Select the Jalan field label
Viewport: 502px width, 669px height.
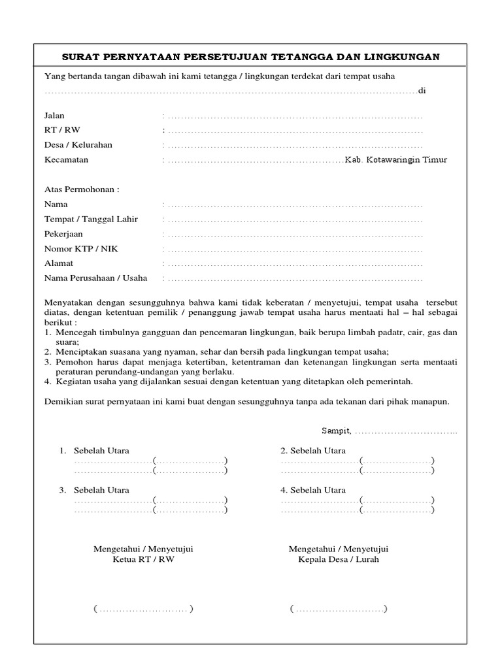pos(54,116)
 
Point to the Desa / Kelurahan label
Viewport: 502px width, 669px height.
pos(78,144)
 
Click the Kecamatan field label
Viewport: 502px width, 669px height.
pos(66,159)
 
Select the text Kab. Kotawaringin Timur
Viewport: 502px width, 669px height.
pos(396,159)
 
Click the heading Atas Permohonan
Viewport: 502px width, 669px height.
pos(82,189)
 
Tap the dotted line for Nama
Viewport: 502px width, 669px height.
pos(294,205)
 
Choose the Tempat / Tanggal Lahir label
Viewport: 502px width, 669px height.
pos(91,220)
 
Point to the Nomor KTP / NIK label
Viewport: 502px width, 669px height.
pos(81,249)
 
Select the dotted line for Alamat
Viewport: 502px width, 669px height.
pos(294,264)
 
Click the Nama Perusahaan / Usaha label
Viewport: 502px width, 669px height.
pos(95,278)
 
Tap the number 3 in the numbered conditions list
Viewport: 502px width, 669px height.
pos(48,361)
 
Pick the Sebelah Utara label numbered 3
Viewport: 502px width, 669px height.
pos(101,490)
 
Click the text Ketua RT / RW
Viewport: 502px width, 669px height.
pos(144,560)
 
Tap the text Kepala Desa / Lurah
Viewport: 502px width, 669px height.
pos(338,560)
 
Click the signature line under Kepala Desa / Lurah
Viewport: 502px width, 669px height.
pos(339,610)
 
